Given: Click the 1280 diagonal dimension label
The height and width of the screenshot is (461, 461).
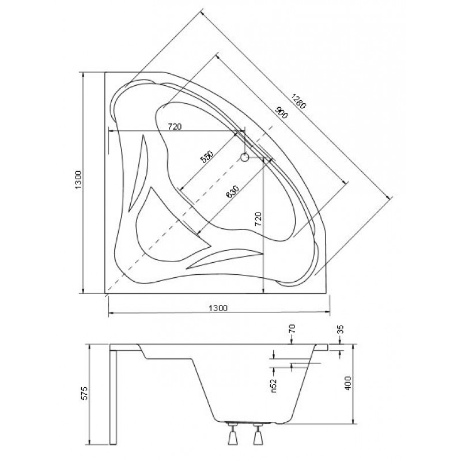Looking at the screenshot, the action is [299, 101].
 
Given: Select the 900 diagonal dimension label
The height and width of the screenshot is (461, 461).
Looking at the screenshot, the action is [281, 111].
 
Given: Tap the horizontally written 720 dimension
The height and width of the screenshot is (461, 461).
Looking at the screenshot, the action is [175, 127].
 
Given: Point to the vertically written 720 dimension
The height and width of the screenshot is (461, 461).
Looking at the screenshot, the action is [258, 219].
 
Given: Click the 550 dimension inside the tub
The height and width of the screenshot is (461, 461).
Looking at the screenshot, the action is [206, 157].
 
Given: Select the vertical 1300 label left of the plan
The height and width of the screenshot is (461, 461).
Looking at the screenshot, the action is [78, 180].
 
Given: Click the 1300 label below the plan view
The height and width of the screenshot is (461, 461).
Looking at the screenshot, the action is [218, 308].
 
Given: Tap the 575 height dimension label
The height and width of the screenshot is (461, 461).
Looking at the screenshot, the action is [84, 393].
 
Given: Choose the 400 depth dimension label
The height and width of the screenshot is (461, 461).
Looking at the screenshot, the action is [348, 383].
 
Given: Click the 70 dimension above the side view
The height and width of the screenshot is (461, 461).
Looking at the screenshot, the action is [292, 328].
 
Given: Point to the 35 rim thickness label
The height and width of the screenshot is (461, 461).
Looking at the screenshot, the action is [341, 329].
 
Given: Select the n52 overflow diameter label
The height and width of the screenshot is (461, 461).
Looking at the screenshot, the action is [273, 386].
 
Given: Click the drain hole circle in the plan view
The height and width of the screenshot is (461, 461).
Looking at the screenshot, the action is [244, 157].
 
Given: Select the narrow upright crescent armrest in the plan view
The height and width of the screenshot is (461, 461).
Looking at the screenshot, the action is [138, 173].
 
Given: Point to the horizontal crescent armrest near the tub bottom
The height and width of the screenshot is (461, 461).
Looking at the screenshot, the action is [225, 259].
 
